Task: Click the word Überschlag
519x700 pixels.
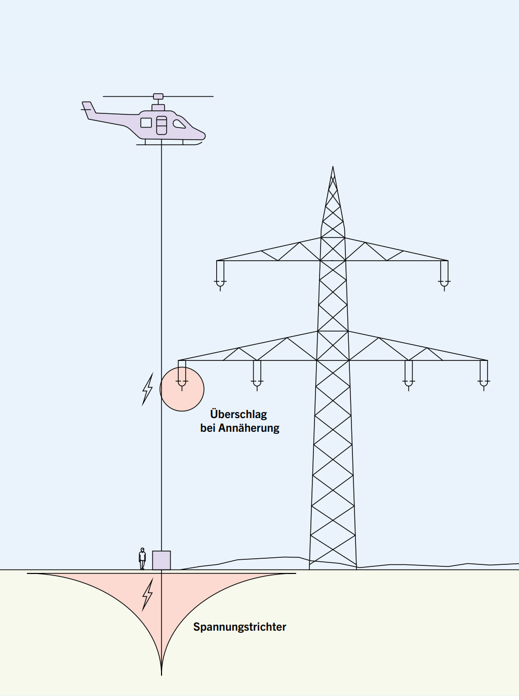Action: point(238,414)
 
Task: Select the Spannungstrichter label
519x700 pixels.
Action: point(239,627)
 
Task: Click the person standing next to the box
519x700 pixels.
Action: point(142,558)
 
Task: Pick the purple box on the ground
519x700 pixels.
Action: point(162,560)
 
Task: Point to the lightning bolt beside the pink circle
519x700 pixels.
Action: point(147,389)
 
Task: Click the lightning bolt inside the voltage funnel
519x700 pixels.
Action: point(147,594)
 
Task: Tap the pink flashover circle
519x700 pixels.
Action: point(182,389)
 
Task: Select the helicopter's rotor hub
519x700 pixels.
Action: point(158,96)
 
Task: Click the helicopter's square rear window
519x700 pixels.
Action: point(146,122)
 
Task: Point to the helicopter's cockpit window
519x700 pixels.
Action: point(179,124)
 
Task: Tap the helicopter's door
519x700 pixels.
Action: point(162,125)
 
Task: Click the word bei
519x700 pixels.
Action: point(208,428)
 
